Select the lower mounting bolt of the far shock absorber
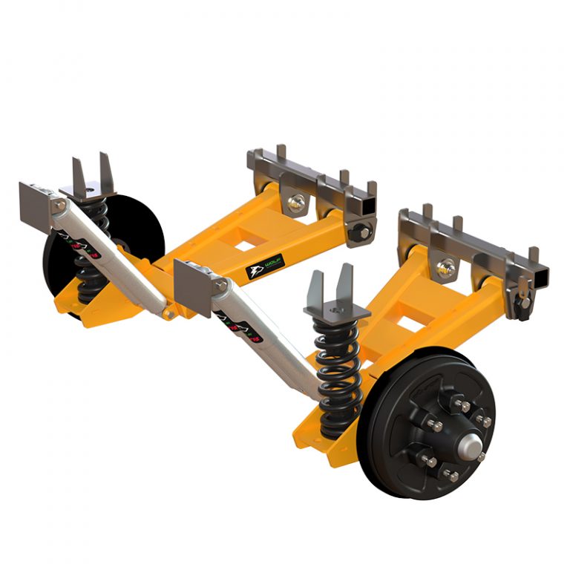tap(170, 314)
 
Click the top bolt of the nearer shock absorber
tap(220, 285)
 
